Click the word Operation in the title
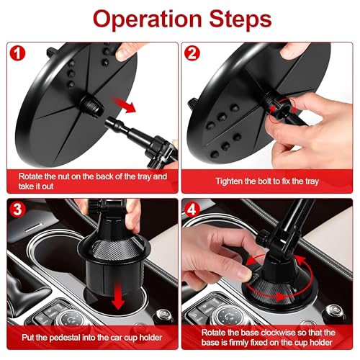(148, 19)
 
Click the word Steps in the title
(240, 18)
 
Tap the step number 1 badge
(17, 53)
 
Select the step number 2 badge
(192, 53)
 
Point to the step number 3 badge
(17, 210)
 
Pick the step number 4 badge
(192, 210)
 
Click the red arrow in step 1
(124, 104)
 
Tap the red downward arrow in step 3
(118, 296)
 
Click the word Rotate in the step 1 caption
(31, 176)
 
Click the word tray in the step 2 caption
(311, 181)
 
